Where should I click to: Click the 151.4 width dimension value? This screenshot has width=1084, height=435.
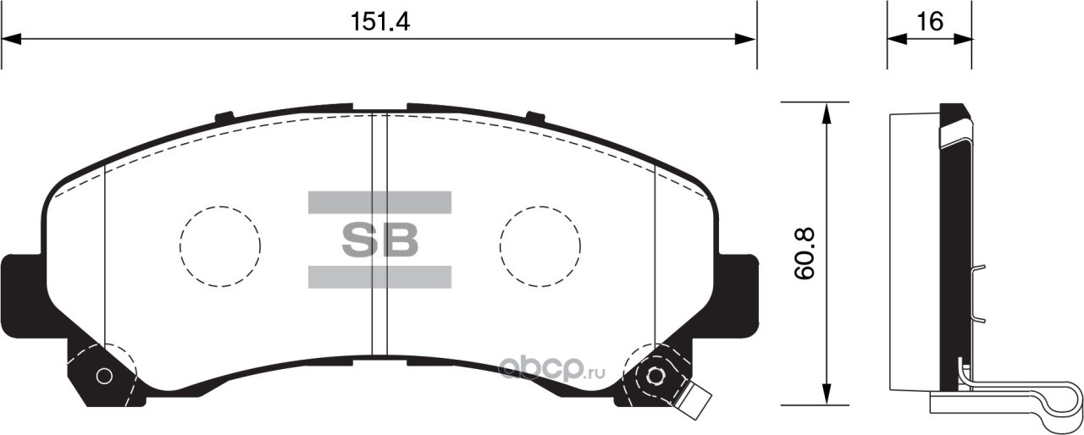pos(379,22)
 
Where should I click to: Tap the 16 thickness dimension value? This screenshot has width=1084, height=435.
pos(930,22)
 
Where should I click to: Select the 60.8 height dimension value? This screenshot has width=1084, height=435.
pos(805,253)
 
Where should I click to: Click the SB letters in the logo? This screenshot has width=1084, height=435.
pos(380,240)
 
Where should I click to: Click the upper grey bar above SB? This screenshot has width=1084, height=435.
pos(380,202)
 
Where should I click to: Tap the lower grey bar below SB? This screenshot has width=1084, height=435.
pos(380,277)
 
